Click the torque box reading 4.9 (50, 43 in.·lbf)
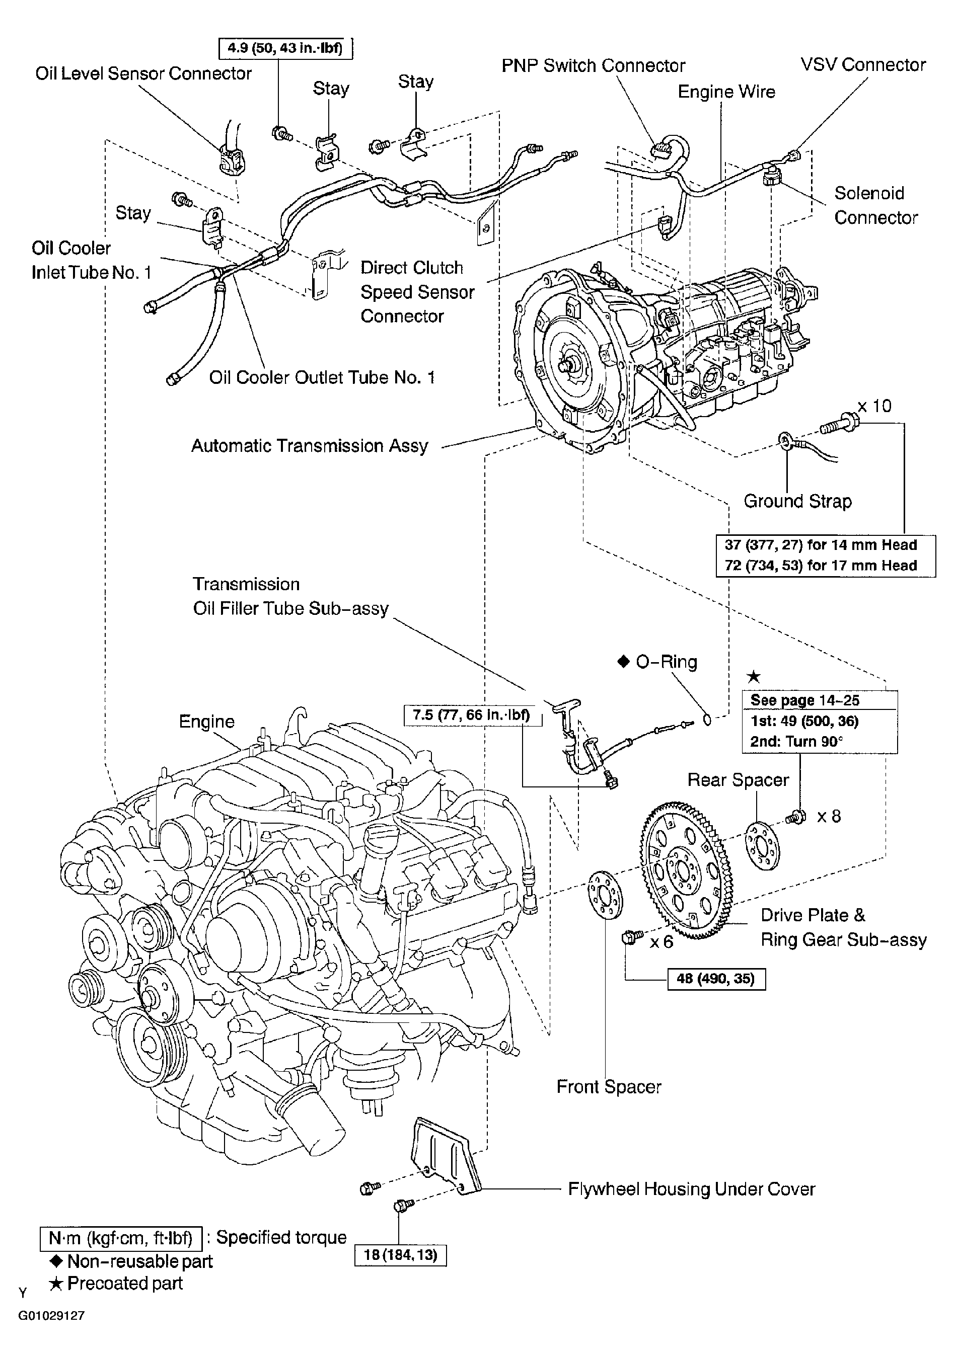[x=285, y=48]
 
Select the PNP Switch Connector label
[x=593, y=65]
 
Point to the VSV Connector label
[x=863, y=64]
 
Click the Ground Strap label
[x=797, y=501]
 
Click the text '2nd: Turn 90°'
[x=796, y=741]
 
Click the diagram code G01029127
[x=51, y=1316]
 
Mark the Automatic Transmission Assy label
[x=310, y=446]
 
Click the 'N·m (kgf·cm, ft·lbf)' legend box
[x=121, y=1238]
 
